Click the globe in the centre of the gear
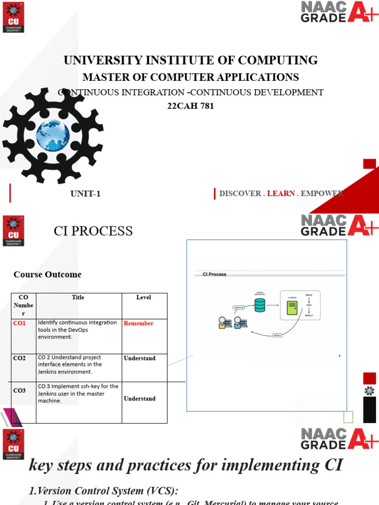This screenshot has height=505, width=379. [53, 135]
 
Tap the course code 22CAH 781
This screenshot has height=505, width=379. [191, 106]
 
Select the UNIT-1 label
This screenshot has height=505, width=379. [85, 194]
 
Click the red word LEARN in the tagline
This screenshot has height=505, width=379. [281, 194]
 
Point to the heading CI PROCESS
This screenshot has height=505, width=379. [93, 231]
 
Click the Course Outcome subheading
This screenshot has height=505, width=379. [47, 275]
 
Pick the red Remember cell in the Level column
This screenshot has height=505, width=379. [139, 324]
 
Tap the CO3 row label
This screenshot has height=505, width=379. [20, 391]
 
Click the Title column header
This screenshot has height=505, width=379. [78, 297]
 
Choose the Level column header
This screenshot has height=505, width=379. [144, 297]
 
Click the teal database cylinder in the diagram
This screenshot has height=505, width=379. [260, 306]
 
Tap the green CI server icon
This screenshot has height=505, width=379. [292, 308]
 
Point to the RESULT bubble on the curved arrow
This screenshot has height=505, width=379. [278, 335]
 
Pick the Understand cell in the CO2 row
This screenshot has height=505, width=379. [140, 359]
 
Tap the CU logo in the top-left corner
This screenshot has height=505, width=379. [13, 16]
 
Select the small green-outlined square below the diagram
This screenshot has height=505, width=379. [348, 417]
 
